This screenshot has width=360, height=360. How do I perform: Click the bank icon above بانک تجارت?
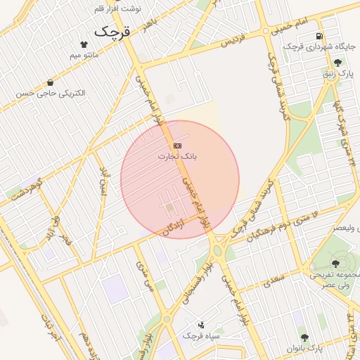(176, 145)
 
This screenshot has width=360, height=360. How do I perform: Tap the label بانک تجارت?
(177, 155)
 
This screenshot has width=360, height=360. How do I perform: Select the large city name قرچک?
(113, 32)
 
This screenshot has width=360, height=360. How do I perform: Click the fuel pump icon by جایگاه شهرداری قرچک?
(320, 37)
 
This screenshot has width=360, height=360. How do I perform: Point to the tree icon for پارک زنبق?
(337, 63)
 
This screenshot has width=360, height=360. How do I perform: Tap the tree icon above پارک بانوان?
(304, 337)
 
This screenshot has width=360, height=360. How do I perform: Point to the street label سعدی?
(273, 283)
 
